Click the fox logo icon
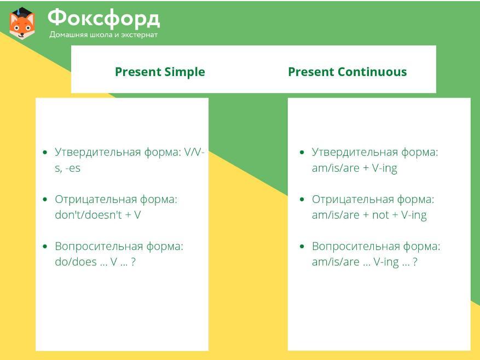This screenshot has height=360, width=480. (x=22, y=24)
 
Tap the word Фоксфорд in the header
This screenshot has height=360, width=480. (x=104, y=19)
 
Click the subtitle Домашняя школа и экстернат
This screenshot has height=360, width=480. (x=103, y=35)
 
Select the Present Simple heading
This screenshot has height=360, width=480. (x=160, y=72)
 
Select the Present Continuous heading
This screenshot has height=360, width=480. (x=348, y=72)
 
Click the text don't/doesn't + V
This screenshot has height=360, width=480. (x=97, y=215)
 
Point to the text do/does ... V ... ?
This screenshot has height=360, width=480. (x=95, y=262)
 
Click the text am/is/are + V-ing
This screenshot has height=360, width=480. (x=355, y=168)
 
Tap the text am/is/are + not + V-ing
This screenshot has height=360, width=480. (x=369, y=215)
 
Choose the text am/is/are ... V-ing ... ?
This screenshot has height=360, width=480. (x=365, y=263)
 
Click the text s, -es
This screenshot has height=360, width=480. (x=68, y=168)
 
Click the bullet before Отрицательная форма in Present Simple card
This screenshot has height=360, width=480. (x=45, y=200)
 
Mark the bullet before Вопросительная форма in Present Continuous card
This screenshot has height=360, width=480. (x=302, y=246)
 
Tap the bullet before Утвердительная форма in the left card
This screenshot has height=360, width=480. (x=45, y=152)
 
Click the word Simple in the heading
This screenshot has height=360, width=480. (x=184, y=72)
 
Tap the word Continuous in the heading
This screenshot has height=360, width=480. (x=373, y=72)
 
